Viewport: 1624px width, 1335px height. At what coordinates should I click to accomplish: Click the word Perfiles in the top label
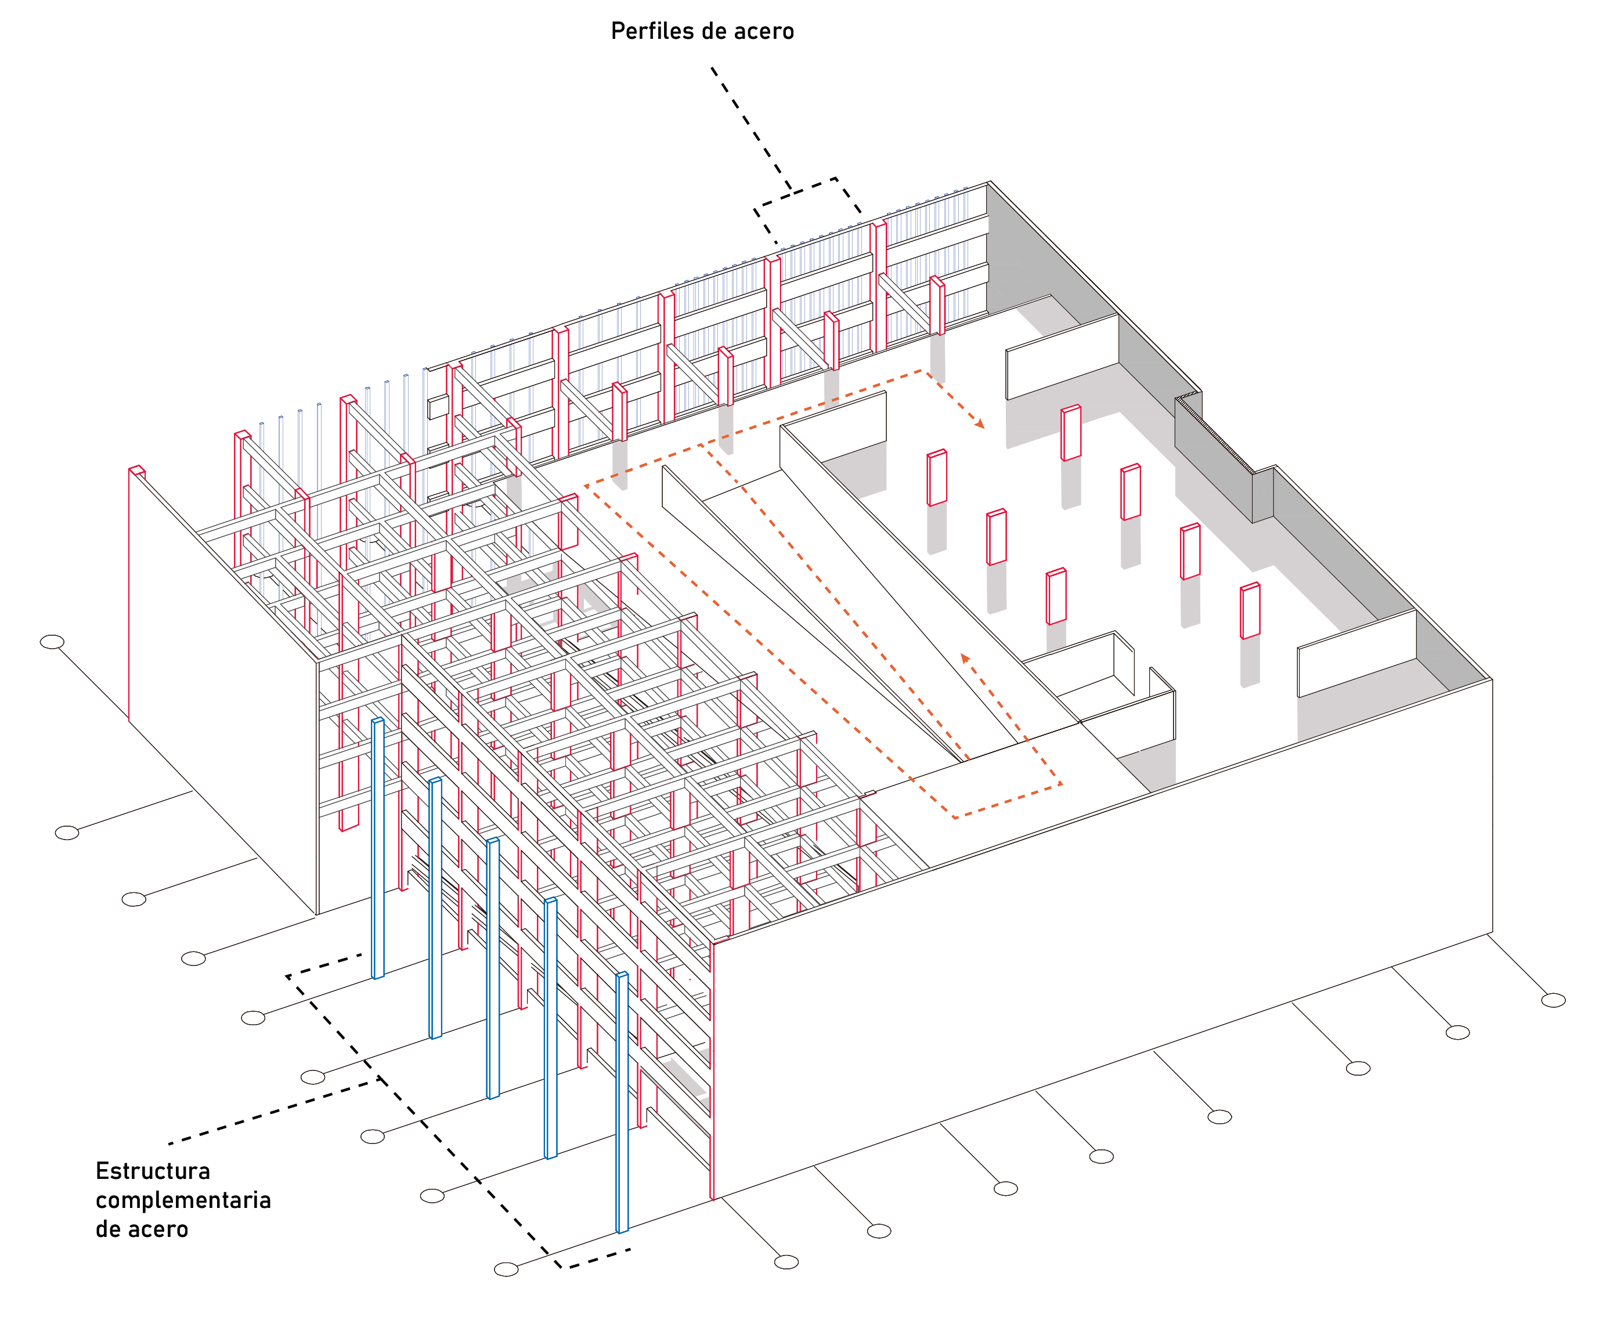(x=648, y=31)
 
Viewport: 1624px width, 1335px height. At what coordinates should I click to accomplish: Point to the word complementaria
(x=183, y=1200)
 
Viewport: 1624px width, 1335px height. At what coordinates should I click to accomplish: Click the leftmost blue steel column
(x=378, y=848)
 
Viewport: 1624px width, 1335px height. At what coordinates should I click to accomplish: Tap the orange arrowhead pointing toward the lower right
(x=979, y=422)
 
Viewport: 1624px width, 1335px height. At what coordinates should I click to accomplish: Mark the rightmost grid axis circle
(x=1553, y=1000)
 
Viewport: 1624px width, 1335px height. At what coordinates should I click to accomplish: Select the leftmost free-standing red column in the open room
(x=937, y=477)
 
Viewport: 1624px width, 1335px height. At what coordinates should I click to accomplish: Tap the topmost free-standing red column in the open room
(x=1071, y=433)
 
